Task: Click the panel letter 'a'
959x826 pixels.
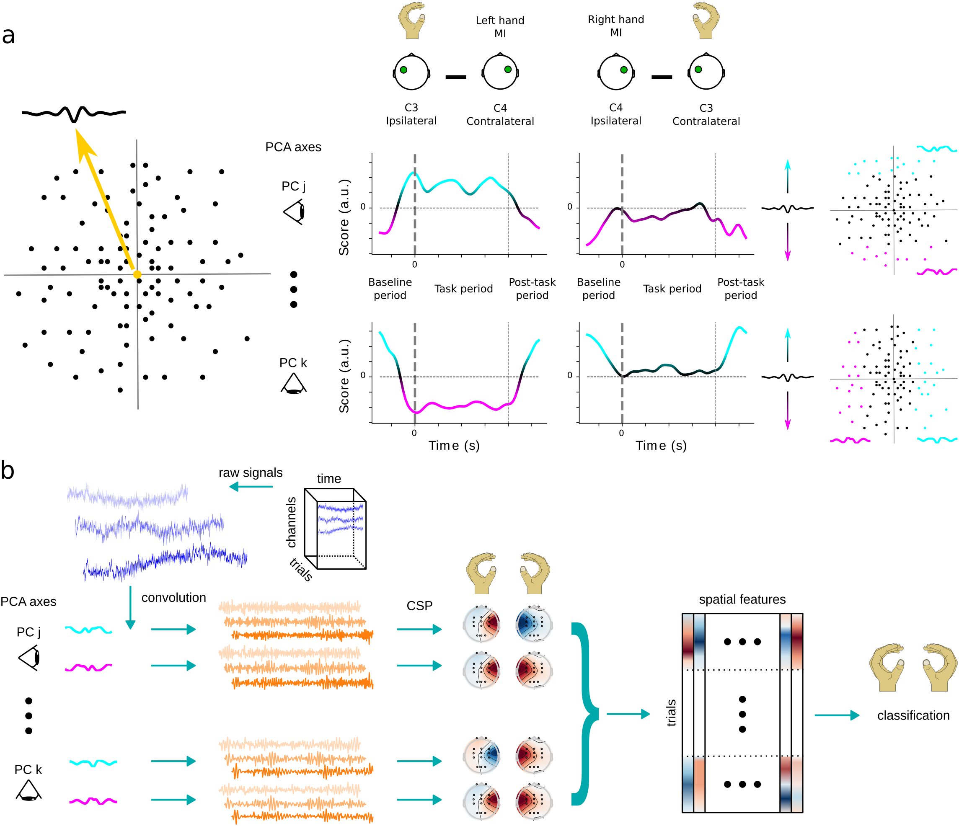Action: [x=8, y=36]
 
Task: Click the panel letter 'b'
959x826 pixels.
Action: [x=8, y=471]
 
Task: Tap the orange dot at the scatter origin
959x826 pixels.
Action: [x=137, y=274]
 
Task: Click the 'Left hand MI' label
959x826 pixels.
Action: [x=500, y=27]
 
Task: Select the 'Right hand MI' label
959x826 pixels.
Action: [x=615, y=26]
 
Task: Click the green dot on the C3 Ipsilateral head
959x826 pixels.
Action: [x=403, y=70]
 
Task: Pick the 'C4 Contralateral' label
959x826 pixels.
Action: [x=500, y=115]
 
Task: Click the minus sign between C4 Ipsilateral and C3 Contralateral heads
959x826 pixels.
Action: [x=662, y=77]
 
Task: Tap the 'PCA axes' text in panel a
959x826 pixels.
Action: [x=293, y=147]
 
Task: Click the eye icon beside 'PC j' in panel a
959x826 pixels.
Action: [x=295, y=212]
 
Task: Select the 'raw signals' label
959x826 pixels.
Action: [x=251, y=472]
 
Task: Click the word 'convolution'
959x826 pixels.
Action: [x=173, y=597]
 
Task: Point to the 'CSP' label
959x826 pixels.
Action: [x=419, y=606]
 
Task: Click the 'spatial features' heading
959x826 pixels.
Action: [x=742, y=599]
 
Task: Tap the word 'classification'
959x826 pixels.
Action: [x=913, y=715]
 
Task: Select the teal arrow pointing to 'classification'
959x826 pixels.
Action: [x=837, y=715]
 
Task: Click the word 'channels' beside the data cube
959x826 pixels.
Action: [x=291, y=522]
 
